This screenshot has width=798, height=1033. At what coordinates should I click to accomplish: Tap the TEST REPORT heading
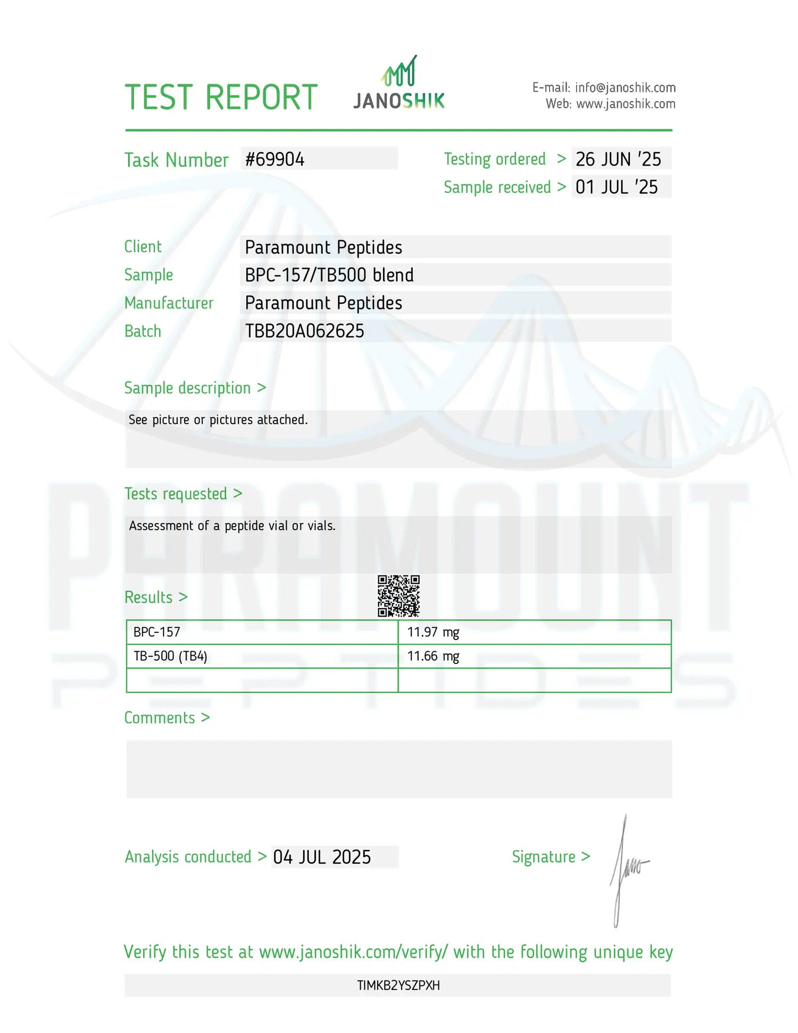tap(221, 97)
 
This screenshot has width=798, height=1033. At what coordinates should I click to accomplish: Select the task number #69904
tap(275, 159)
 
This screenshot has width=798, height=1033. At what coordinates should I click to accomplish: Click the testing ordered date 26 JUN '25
tap(618, 159)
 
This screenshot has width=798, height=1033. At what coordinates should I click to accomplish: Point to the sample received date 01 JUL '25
tap(617, 187)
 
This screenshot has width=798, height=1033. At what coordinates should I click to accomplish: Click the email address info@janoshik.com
tap(625, 88)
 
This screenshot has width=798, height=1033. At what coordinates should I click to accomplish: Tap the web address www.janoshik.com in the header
tap(626, 104)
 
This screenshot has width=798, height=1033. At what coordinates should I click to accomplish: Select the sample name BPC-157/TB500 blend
tap(329, 275)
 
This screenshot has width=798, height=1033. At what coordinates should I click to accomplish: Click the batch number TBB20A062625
tap(304, 331)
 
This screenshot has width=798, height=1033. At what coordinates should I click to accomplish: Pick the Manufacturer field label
tap(169, 303)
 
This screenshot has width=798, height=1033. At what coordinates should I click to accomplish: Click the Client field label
tap(143, 247)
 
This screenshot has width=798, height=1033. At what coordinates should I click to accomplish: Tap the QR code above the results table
tap(398, 596)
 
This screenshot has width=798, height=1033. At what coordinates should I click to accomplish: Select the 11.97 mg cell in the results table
tap(433, 632)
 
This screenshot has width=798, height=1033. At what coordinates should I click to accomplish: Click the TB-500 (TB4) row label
tap(170, 656)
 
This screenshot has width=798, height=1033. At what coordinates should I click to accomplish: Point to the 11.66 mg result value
tap(433, 656)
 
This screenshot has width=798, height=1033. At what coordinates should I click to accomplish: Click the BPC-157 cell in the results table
tap(157, 632)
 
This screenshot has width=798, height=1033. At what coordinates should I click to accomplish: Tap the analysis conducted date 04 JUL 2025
tap(322, 857)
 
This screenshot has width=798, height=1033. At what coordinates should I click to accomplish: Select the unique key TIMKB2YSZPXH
tap(398, 985)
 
